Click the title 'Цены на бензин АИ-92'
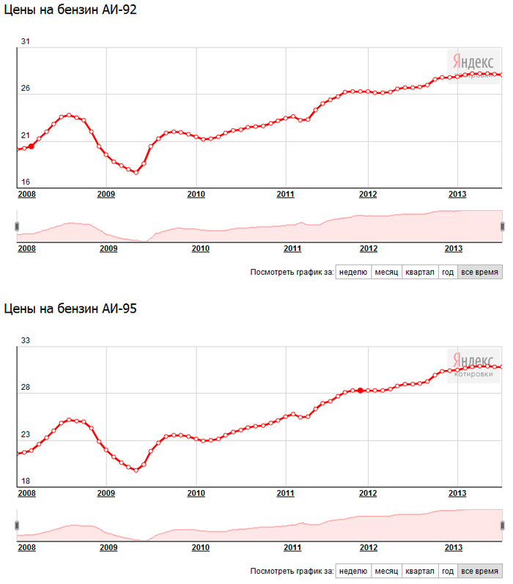(71, 10)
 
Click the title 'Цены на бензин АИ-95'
(71, 309)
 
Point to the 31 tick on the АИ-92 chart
(25, 41)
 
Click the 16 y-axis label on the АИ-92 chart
(25, 182)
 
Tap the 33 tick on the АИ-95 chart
(25, 341)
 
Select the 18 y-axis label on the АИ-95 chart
(25, 481)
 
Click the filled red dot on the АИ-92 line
(31, 146)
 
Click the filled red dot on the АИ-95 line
(361, 391)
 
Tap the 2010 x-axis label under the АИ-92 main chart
(196, 194)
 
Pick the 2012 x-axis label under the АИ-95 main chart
(368, 493)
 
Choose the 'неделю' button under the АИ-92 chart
(353, 272)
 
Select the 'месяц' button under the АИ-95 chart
(386, 571)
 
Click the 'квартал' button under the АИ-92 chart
(420, 272)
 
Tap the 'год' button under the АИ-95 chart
(448, 571)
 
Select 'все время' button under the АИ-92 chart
(480, 272)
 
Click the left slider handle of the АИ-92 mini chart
(17, 226)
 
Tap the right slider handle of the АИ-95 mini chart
(503, 525)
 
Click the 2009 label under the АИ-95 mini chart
(108, 547)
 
